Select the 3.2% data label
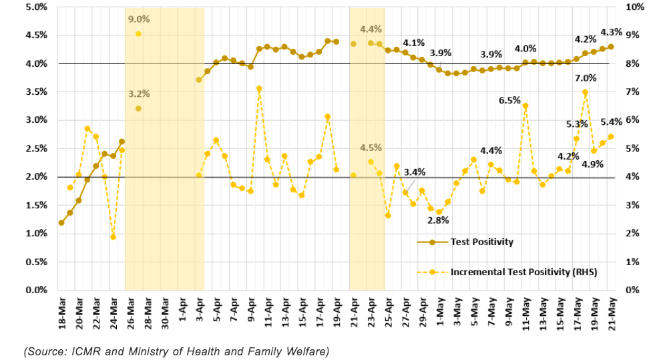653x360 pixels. point(139,94)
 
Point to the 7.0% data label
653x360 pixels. point(585,77)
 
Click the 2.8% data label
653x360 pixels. point(438,220)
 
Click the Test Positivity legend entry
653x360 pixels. point(481,242)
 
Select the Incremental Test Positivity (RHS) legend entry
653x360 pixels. point(523,272)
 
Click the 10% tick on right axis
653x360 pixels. point(634,7)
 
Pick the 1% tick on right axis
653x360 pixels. point(632,262)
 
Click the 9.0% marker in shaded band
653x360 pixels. point(138,33)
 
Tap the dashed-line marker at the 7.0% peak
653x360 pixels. point(585,92)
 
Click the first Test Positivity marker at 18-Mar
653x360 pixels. point(61,222)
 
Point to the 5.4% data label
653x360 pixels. point(611,122)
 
